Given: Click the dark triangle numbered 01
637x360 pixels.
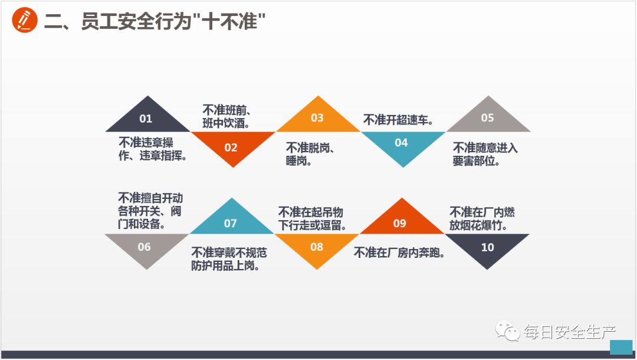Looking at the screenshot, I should (146, 119).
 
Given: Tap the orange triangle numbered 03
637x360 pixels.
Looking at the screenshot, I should (317, 118).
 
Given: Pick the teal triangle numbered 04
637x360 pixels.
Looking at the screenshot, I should (402, 143).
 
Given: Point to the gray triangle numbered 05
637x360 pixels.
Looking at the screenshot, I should (487, 118).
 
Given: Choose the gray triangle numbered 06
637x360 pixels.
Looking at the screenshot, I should (145, 247).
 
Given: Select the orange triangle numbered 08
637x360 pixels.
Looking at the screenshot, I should (317, 247).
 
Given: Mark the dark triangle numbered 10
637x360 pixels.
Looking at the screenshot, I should (487, 247).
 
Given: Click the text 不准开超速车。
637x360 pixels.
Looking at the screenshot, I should (398, 120).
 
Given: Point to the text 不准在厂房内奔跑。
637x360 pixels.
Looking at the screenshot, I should (399, 253).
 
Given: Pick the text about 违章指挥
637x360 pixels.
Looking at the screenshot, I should (153, 149).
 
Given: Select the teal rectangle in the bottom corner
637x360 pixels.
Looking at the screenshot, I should (620, 347).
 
